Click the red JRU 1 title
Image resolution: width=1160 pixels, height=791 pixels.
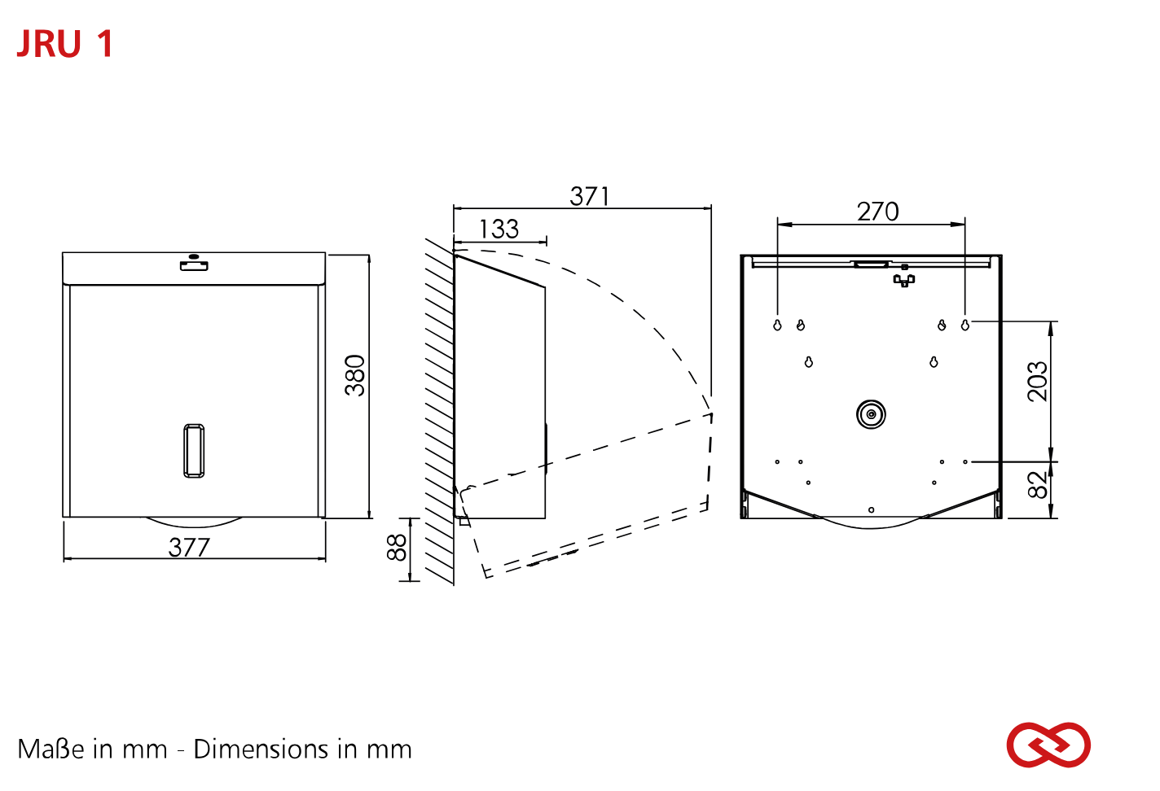tap(65, 43)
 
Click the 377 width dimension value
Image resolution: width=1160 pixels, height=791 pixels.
tap(189, 548)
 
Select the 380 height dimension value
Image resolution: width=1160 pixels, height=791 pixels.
tap(355, 376)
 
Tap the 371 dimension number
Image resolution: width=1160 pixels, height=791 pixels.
tap(589, 197)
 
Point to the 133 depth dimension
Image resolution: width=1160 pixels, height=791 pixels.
tap(499, 229)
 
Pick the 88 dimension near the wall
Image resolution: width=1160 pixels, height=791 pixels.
tap(397, 548)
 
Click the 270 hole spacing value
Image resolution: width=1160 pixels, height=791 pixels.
tap(878, 212)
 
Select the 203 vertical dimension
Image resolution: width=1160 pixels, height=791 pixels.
tap(1038, 382)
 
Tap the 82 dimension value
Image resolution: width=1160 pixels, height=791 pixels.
tap(1038, 485)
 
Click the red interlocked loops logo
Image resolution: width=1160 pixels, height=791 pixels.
tap(1048, 745)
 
